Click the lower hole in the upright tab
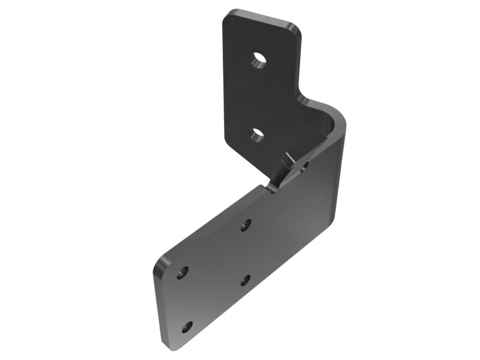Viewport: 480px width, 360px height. coord(257,134)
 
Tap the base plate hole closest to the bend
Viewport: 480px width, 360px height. coord(245,225)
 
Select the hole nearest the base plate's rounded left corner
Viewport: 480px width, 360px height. coord(183,271)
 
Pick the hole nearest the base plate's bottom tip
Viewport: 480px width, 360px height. coord(187,327)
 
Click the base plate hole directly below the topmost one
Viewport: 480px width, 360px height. coord(245,280)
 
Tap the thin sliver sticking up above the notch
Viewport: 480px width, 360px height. coord(287,160)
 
